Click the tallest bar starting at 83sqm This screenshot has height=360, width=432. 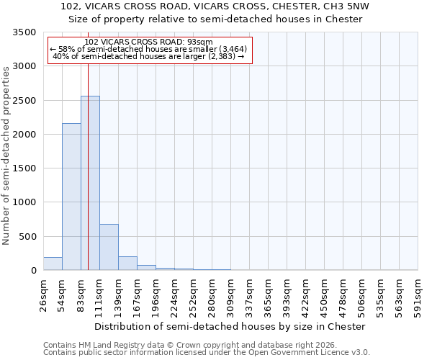click(x=90, y=183)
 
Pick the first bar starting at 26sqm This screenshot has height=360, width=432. click(x=53, y=264)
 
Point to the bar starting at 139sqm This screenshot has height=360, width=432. click(x=127, y=264)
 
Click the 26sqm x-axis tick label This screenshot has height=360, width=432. click(x=44, y=295)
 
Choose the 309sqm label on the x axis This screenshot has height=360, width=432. click(x=231, y=295)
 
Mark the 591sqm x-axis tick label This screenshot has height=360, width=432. click(x=418, y=295)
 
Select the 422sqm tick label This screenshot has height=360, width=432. click(x=306, y=295)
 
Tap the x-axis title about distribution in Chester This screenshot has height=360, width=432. click(x=230, y=326)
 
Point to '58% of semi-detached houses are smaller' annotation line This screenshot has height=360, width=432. click(x=148, y=49)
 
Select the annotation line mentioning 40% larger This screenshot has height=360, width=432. click(x=149, y=56)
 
